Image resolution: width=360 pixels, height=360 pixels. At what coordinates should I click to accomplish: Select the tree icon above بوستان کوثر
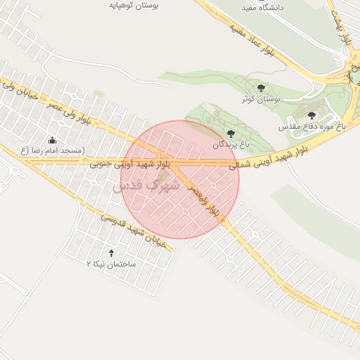[x=262, y=88]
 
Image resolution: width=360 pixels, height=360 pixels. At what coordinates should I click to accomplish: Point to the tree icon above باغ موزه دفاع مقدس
[x=311, y=115]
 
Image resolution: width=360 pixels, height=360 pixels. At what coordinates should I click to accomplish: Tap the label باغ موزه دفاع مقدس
[x=312, y=127]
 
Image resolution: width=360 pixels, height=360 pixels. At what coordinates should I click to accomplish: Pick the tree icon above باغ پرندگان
[x=230, y=133]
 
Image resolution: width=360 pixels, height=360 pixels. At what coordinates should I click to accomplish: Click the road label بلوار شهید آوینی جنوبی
[x=130, y=165]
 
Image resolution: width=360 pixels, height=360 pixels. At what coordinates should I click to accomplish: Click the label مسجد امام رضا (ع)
[x=52, y=150]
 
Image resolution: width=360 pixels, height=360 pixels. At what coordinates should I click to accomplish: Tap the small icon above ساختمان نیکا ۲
[x=111, y=252]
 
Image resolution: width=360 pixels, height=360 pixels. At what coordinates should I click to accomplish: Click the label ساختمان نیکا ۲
[x=110, y=264]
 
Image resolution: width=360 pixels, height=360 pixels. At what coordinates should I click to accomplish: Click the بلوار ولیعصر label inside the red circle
[x=203, y=201]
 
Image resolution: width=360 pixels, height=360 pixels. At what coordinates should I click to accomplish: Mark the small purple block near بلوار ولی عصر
[x=122, y=110]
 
